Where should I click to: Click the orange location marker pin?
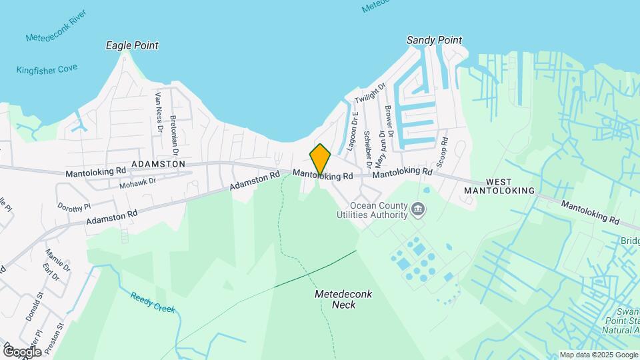(x=320, y=159)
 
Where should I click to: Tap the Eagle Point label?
(x=133, y=45)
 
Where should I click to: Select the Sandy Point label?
(x=434, y=40)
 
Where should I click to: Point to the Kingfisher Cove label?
(x=47, y=69)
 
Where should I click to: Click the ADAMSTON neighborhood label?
(x=158, y=163)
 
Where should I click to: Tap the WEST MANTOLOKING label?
(x=510, y=186)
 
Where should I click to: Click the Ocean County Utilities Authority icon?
(x=417, y=210)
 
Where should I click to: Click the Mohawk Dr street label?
(x=137, y=181)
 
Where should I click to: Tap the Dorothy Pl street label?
(x=73, y=207)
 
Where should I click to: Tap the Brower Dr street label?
(x=389, y=122)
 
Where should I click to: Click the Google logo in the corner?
(x=22, y=352)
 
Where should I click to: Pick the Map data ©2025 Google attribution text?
(x=598, y=355)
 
